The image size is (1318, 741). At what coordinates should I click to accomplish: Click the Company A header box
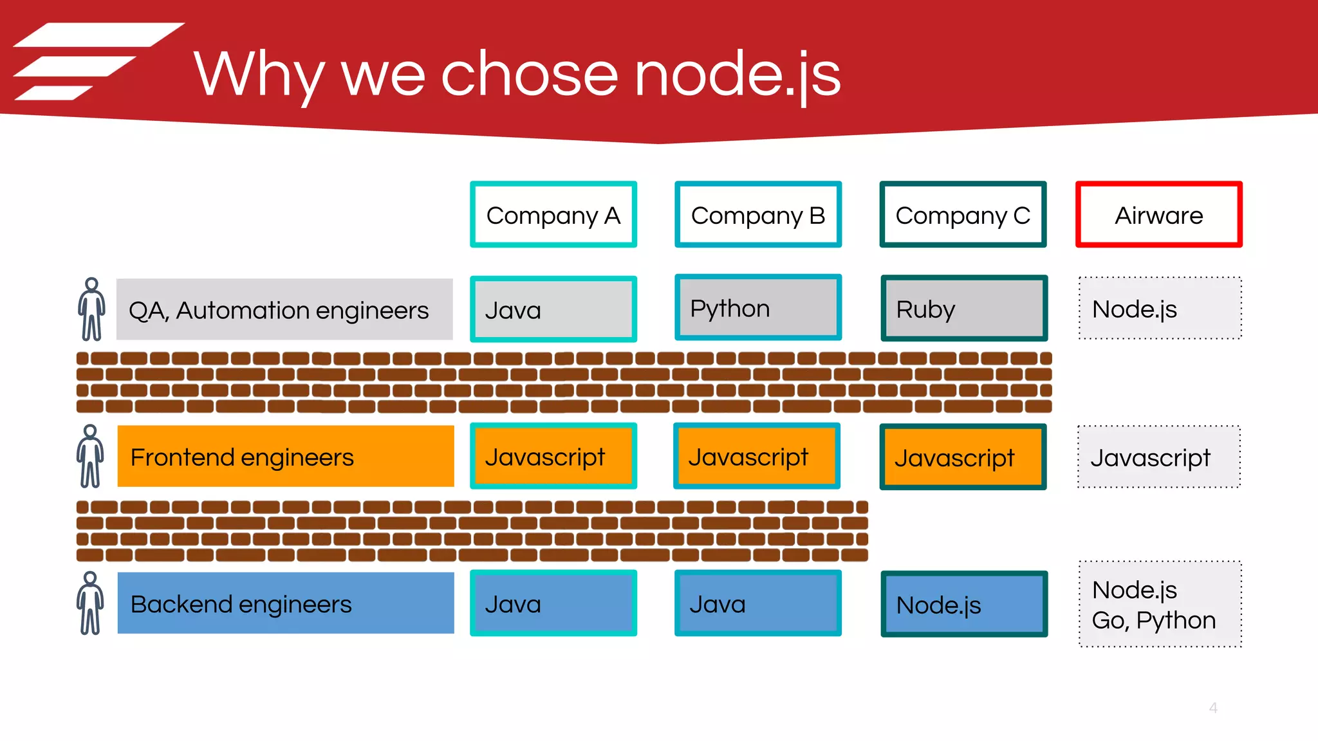553,215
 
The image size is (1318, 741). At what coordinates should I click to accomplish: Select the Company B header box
758,215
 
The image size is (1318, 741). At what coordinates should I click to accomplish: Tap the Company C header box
963,215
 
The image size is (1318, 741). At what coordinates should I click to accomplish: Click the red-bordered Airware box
1158,215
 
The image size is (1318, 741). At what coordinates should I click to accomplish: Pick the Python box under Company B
758,308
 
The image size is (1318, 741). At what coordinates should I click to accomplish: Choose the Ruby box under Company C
964,309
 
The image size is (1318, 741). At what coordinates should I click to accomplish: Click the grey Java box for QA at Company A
553,309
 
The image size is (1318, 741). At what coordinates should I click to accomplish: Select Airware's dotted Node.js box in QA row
1160,309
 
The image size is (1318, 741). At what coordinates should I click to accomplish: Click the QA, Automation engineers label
284,309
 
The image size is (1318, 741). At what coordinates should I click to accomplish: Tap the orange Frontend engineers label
286,457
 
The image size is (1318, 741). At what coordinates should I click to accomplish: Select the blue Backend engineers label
286,603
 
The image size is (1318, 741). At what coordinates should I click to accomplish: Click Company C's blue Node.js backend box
964,604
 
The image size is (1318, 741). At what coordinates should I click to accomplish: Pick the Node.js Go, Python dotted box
1160,604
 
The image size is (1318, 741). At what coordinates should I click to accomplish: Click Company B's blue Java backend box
758,603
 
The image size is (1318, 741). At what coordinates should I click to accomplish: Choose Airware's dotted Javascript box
1158,457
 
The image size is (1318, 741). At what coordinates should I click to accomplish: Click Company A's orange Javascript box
553,456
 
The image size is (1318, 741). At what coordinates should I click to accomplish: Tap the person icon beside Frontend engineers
90,456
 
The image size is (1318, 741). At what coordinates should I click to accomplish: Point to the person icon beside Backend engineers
90,603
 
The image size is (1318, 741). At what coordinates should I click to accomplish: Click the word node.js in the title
738,75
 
